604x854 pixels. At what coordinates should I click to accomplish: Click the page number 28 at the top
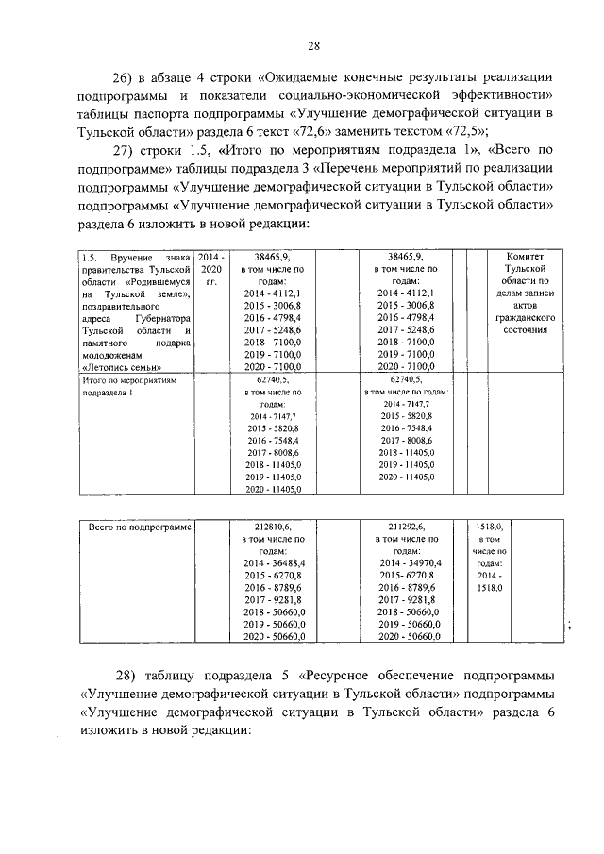click(x=314, y=44)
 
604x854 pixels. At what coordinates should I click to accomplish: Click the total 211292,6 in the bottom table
click(x=407, y=528)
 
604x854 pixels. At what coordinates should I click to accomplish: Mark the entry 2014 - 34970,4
click(x=407, y=561)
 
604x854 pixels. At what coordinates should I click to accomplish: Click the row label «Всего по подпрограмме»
click(x=139, y=528)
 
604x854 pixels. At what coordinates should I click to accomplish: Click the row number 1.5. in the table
click(x=90, y=256)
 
